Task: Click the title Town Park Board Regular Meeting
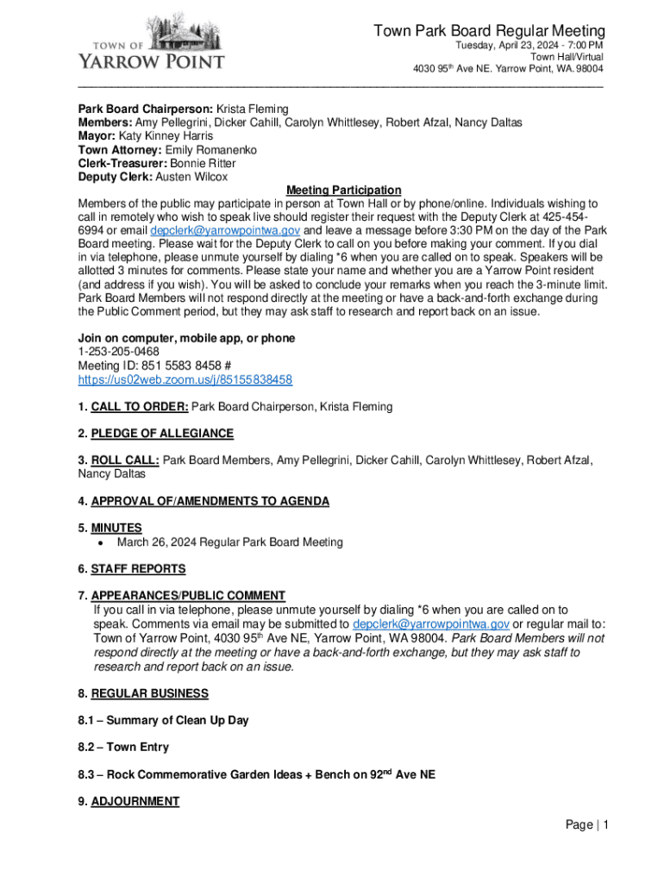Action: click(x=489, y=31)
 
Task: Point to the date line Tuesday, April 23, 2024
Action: click(x=529, y=46)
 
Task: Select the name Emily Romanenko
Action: click(x=210, y=150)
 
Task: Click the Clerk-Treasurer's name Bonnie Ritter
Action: click(x=203, y=163)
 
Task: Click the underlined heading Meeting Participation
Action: click(x=344, y=190)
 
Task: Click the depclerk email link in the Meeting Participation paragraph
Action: click(x=224, y=231)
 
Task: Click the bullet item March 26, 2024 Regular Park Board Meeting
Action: click(x=229, y=542)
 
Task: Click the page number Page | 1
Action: click(x=587, y=825)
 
